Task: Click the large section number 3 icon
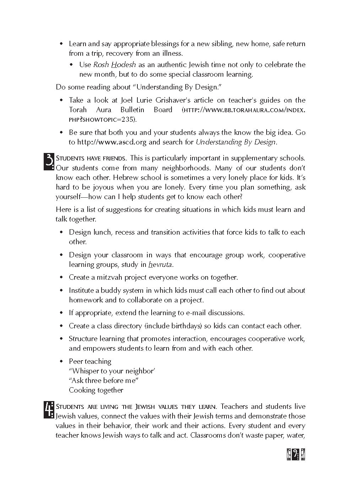pyautogui.click(x=49, y=161)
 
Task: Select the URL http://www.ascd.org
pyautogui.click(x=112, y=142)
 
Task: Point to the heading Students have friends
pyautogui.click(x=91, y=158)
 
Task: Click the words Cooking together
pyautogui.click(x=96, y=390)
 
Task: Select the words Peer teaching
pyautogui.click(x=90, y=361)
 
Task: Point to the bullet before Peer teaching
pyautogui.click(x=61, y=362)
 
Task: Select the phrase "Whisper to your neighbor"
pyautogui.click(x=112, y=371)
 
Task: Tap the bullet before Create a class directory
pyautogui.click(x=61, y=326)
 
